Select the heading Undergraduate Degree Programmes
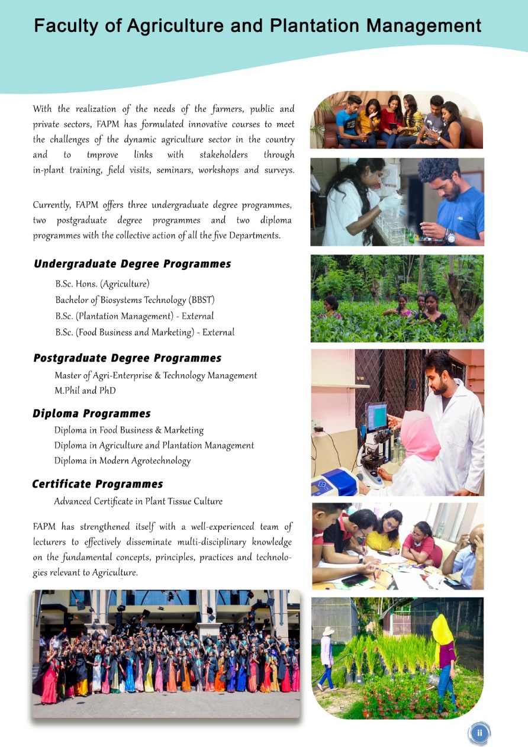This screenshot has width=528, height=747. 132,264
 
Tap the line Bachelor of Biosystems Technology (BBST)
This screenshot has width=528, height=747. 134,300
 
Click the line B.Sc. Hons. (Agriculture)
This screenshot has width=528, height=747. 102,284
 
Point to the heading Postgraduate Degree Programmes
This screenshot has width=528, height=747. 127,358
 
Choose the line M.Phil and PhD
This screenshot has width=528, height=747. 85,391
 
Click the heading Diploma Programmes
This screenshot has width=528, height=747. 92,414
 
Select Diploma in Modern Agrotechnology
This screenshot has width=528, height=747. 123,461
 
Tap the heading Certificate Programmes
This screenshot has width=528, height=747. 97,484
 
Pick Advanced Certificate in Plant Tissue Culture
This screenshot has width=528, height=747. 138,501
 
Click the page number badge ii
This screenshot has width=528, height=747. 479,733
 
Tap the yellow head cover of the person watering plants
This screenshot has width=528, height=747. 442,631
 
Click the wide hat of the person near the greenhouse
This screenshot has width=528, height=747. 328,631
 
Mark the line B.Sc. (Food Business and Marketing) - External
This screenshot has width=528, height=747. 144,333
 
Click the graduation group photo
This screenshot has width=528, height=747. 166,654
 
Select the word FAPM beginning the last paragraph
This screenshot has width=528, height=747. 44,527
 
